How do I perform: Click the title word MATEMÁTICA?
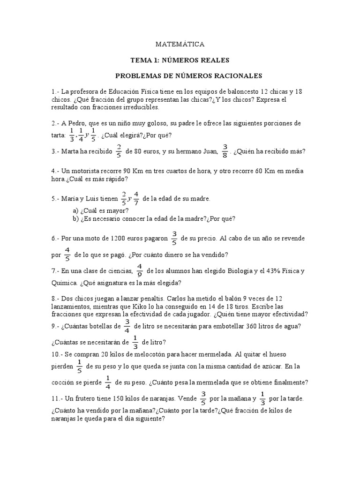tap(180, 44)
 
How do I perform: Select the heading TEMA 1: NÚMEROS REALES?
tap(180, 60)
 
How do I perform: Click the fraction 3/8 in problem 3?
tap(225, 152)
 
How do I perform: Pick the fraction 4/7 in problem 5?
tap(136, 199)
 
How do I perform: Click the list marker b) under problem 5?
tap(75, 218)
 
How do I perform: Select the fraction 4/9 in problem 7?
tap(139, 271)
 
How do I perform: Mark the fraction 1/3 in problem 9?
tap(135, 342)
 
